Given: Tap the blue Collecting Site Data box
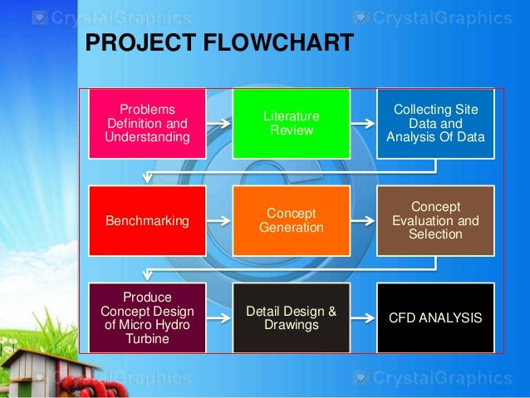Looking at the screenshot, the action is [x=435, y=123].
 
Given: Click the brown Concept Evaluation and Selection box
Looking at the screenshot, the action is [x=435, y=220].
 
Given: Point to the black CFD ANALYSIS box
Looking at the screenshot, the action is [x=435, y=317].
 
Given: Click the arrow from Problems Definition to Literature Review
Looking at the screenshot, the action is [x=218, y=123].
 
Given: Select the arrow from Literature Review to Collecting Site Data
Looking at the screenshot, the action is [x=362, y=123].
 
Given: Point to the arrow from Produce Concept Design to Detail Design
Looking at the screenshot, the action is [x=218, y=317].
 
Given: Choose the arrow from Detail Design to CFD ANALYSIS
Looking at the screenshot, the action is [x=362, y=317].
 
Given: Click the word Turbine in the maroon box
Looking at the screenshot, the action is [x=148, y=338].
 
